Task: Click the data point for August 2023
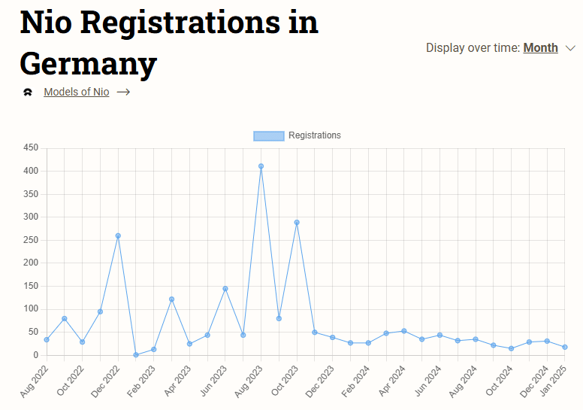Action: (x=261, y=166)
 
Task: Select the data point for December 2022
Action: (x=118, y=235)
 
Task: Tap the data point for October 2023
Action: (x=297, y=223)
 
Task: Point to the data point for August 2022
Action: (x=47, y=339)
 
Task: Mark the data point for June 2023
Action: (x=225, y=289)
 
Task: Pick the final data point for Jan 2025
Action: (x=564, y=347)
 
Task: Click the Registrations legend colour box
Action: (x=268, y=136)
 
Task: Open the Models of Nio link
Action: (x=76, y=92)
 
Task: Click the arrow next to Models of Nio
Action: (x=124, y=92)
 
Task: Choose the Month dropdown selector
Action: (x=540, y=48)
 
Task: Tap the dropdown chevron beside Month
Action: (x=569, y=49)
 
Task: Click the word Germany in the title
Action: (x=89, y=62)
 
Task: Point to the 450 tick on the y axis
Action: (x=30, y=148)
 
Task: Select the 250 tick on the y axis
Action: (x=30, y=240)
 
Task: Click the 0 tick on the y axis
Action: (x=35, y=355)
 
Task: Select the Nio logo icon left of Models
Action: (x=28, y=93)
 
